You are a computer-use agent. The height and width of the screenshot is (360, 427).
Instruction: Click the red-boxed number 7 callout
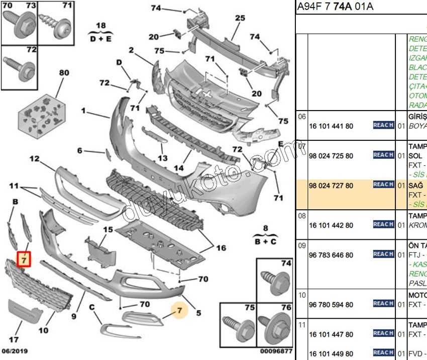tap(24, 259)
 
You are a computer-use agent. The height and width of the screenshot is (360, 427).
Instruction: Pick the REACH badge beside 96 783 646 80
tap(383, 254)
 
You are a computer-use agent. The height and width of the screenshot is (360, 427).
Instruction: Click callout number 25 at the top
tap(240, 19)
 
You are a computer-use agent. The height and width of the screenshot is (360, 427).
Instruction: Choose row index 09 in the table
tap(302, 246)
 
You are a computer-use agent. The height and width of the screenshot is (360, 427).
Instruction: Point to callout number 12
tap(34, 159)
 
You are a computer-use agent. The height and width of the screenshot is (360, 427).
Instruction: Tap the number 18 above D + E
tap(101, 26)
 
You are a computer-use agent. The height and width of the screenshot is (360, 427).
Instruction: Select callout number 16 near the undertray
tap(221, 248)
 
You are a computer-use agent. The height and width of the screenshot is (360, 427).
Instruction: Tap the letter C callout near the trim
tap(92, 307)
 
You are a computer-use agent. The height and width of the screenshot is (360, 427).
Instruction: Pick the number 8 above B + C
tap(265, 228)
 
